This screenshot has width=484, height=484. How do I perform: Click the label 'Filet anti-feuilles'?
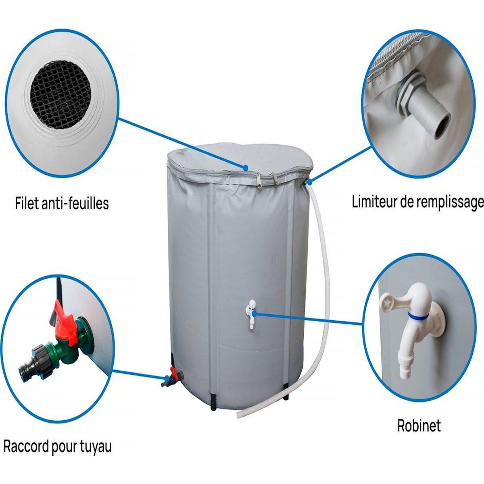[x=62, y=203]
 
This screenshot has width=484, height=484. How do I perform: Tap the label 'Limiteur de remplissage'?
[x=418, y=202]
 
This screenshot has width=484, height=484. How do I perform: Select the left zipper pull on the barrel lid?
[x=258, y=179]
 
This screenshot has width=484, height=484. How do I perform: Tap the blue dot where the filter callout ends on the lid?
[x=246, y=167]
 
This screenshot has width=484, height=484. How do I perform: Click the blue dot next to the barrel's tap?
[x=254, y=313]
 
